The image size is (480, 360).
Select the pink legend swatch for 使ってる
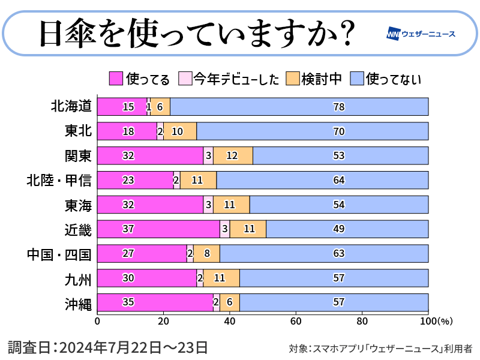(116, 78)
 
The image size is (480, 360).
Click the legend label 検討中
(321, 79)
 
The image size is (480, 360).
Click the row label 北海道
(71, 106)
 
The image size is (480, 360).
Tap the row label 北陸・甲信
(59, 180)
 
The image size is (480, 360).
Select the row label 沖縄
(78, 303)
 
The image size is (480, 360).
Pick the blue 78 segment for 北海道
(299, 106)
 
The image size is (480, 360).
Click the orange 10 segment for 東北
(180, 131)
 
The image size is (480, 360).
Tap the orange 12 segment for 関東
(233, 155)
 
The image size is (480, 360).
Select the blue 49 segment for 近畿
(347, 229)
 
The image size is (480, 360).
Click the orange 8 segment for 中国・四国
(206, 254)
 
